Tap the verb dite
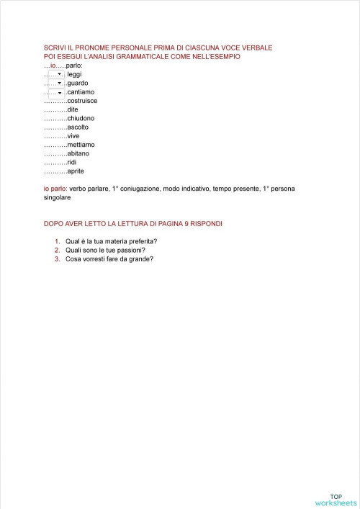tap(72, 109)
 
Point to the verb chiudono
tap(80, 118)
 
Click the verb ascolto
tap(78, 127)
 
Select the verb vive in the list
tap(73, 135)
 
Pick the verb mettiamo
tap(81, 144)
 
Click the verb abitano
tap(78, 153)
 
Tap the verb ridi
tap(71, 162)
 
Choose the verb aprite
tap(76, 171)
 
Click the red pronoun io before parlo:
tap(53, 66)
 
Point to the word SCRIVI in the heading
tap(55, 48)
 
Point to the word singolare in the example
tap(58, 197)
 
